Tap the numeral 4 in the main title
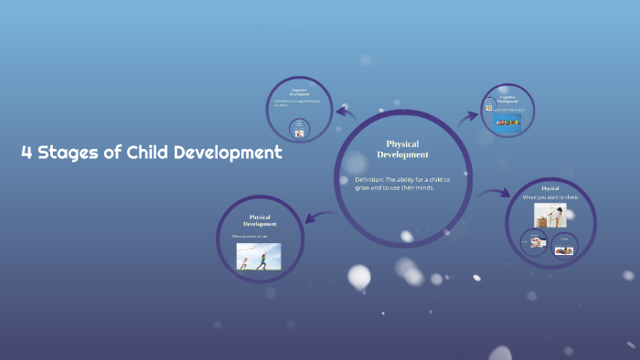27,154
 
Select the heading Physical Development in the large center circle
402,149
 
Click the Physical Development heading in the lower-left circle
260,220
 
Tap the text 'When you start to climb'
550,197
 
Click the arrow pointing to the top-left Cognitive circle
346,112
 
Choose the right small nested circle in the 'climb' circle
564,245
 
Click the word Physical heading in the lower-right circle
549,188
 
